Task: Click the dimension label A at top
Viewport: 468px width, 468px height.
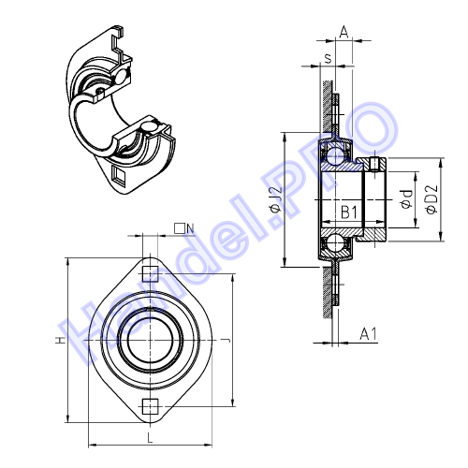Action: click(344, 32)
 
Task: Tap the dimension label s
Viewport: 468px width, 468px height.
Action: click(328, 58)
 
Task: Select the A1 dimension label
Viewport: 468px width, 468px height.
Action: click(368, 333)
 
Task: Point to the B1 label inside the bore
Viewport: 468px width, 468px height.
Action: click(349, 212)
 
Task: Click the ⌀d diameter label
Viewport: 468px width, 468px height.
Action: click(407, 199)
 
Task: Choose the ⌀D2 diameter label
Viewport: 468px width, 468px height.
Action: click(431, 199)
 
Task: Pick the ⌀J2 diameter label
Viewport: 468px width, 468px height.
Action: click(276, 199)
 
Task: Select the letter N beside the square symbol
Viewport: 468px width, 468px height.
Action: click(190, 229)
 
